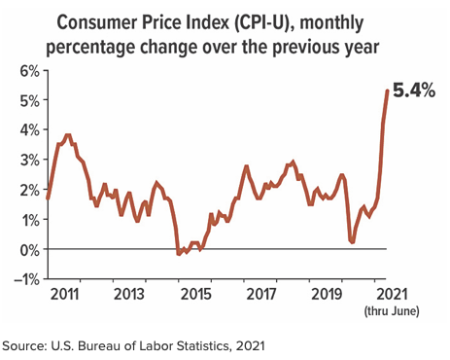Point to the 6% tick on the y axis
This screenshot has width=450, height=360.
click(24, 71)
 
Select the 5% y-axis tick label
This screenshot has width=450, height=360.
click(24, 100)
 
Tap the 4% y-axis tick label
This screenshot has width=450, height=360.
click(24, 130)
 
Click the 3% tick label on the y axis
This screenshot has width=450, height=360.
click(24, 160)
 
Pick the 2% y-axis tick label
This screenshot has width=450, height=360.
click(24, 190)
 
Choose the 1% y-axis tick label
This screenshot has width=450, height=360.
click(24, 219)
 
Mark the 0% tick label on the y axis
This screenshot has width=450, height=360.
click(24, 249)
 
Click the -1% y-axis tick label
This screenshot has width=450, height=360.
click(21, 279)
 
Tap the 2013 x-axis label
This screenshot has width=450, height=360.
click(130, 293)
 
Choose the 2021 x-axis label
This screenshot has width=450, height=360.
click(390, 293)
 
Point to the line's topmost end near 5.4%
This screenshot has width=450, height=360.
click(388, 90)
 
